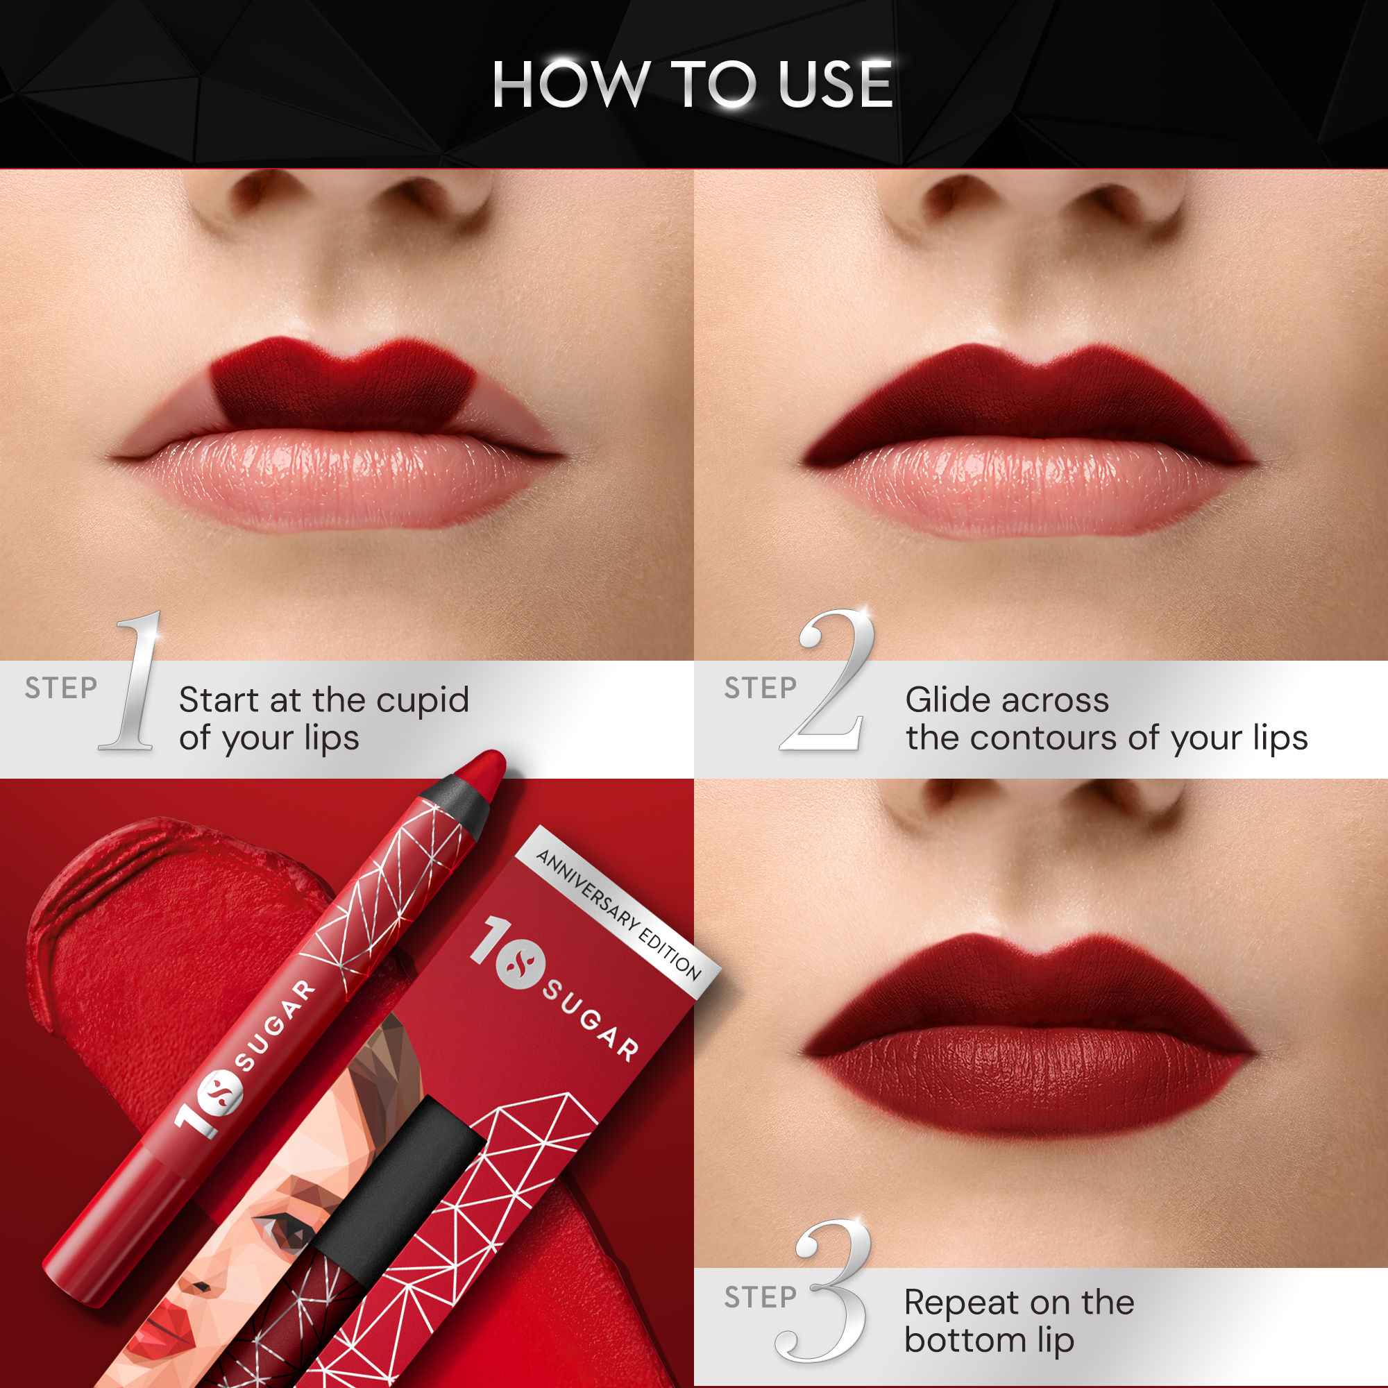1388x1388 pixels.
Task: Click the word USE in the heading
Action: [x=835, y=84]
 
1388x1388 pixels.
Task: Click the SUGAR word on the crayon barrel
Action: [x=276, y=1024]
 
